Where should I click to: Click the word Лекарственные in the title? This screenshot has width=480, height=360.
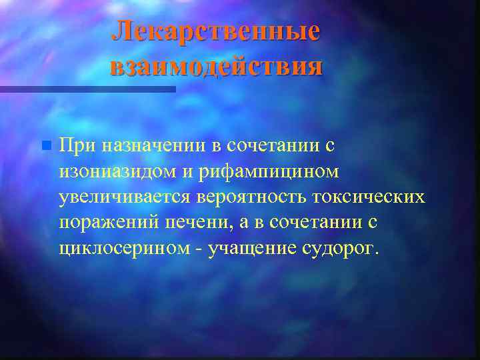click(216, 31)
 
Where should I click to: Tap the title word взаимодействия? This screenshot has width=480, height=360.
click(216, 67)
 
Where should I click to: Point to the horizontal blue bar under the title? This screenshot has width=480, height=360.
click(87, 89)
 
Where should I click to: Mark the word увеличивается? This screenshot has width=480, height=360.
click(125, 198)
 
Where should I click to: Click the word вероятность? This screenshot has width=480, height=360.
click(251, 198)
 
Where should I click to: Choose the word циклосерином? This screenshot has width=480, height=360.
click(125, 249)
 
